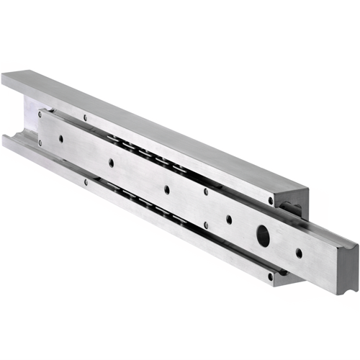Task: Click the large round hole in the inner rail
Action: coord(264,235)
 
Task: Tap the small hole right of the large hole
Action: coord(299,253)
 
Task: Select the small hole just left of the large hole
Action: coord(229,219)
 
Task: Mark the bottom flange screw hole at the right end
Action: coord(271,275)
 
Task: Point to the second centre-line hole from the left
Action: coord(111,163)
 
